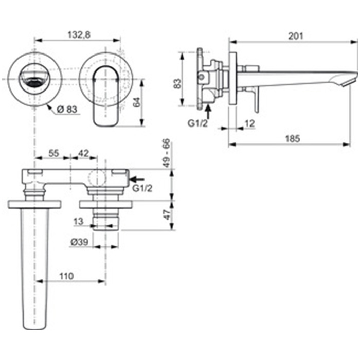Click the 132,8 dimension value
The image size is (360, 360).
(79, 34)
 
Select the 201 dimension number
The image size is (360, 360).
(296, 36)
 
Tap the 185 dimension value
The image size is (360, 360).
(293, 139)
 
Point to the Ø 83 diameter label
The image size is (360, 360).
(67, 110)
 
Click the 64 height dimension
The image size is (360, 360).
(136, 102)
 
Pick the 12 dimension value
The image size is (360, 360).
(250, 123)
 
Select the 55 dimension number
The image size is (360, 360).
(53, 153)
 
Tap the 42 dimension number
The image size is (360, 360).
(83, 153)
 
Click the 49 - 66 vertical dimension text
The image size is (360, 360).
(167, 153)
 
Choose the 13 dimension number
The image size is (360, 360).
(78, 222)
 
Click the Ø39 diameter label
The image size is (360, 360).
(79, 242)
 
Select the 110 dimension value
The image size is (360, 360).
(66, 276)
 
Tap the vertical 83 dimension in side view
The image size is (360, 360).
(177, 84)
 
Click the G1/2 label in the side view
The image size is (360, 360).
(197, 123)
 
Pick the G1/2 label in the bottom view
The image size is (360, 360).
(142, 189)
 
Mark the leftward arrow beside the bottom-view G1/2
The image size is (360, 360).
(137, 179)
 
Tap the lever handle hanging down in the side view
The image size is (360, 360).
(256, 100)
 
